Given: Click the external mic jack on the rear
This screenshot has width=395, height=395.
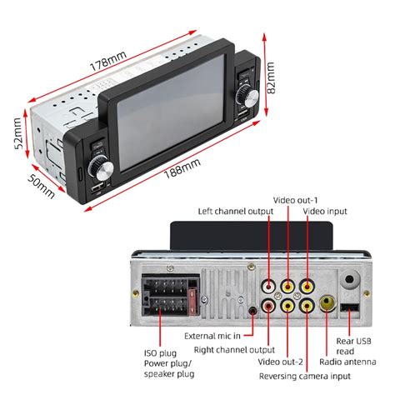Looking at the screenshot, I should click(252, 313).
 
